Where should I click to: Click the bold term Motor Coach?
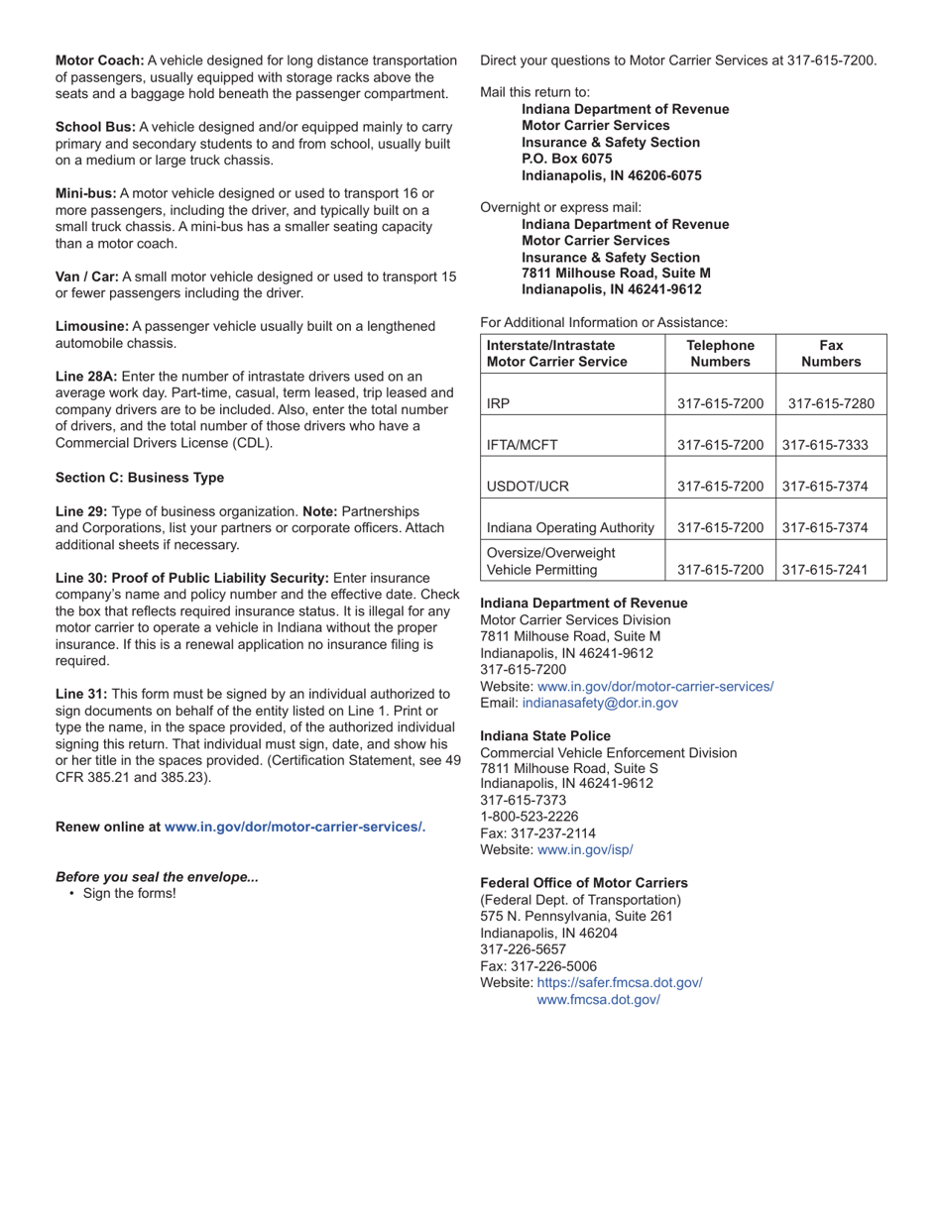[x=99, y=60]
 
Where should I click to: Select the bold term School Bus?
[x=95, y=127]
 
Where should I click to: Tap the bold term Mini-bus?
[x=86, y=193]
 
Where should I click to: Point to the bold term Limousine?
[x=92, y=326]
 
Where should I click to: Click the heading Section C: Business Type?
[x=140, y=478]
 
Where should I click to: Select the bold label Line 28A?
[x=86, y=377]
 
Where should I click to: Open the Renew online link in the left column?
[x=294, y=827]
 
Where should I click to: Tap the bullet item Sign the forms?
[x=130, y=893]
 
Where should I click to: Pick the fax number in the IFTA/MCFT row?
[x=825, y=445]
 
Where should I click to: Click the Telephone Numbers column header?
[x=721, y=353]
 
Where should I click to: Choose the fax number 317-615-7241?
[x=825, y=570]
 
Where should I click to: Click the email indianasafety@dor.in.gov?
[x=600, y=703]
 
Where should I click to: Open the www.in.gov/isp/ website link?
[x=585, y=849]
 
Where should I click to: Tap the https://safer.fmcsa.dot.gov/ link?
[x=620, y=982]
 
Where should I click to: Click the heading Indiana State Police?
[x=545, y=736]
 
